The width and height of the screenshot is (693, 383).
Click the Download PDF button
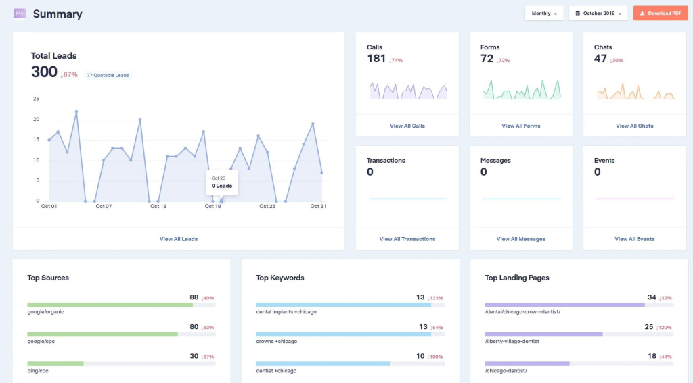661,14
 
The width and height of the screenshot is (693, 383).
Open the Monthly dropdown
544,14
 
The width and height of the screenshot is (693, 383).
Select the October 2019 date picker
598,14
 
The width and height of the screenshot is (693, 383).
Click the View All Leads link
179,239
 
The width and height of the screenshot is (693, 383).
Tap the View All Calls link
407,126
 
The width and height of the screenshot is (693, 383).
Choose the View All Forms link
520,126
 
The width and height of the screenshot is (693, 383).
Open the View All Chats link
634,126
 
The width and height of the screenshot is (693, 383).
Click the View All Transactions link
407,239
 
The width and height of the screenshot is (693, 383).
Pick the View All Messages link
520,239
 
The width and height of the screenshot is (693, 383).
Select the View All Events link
634,239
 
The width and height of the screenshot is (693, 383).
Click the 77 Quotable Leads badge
108,75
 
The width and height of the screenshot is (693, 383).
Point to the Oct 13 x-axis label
158,206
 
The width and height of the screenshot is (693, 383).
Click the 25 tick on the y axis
37,99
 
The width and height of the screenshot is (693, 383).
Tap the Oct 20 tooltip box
222,182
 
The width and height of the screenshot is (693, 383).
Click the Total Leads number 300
44,72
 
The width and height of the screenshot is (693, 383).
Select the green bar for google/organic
110,305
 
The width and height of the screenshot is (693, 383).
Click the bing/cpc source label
38,371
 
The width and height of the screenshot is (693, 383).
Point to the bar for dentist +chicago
323,364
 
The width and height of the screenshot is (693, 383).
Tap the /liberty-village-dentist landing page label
512,342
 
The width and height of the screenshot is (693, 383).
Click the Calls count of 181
376,59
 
